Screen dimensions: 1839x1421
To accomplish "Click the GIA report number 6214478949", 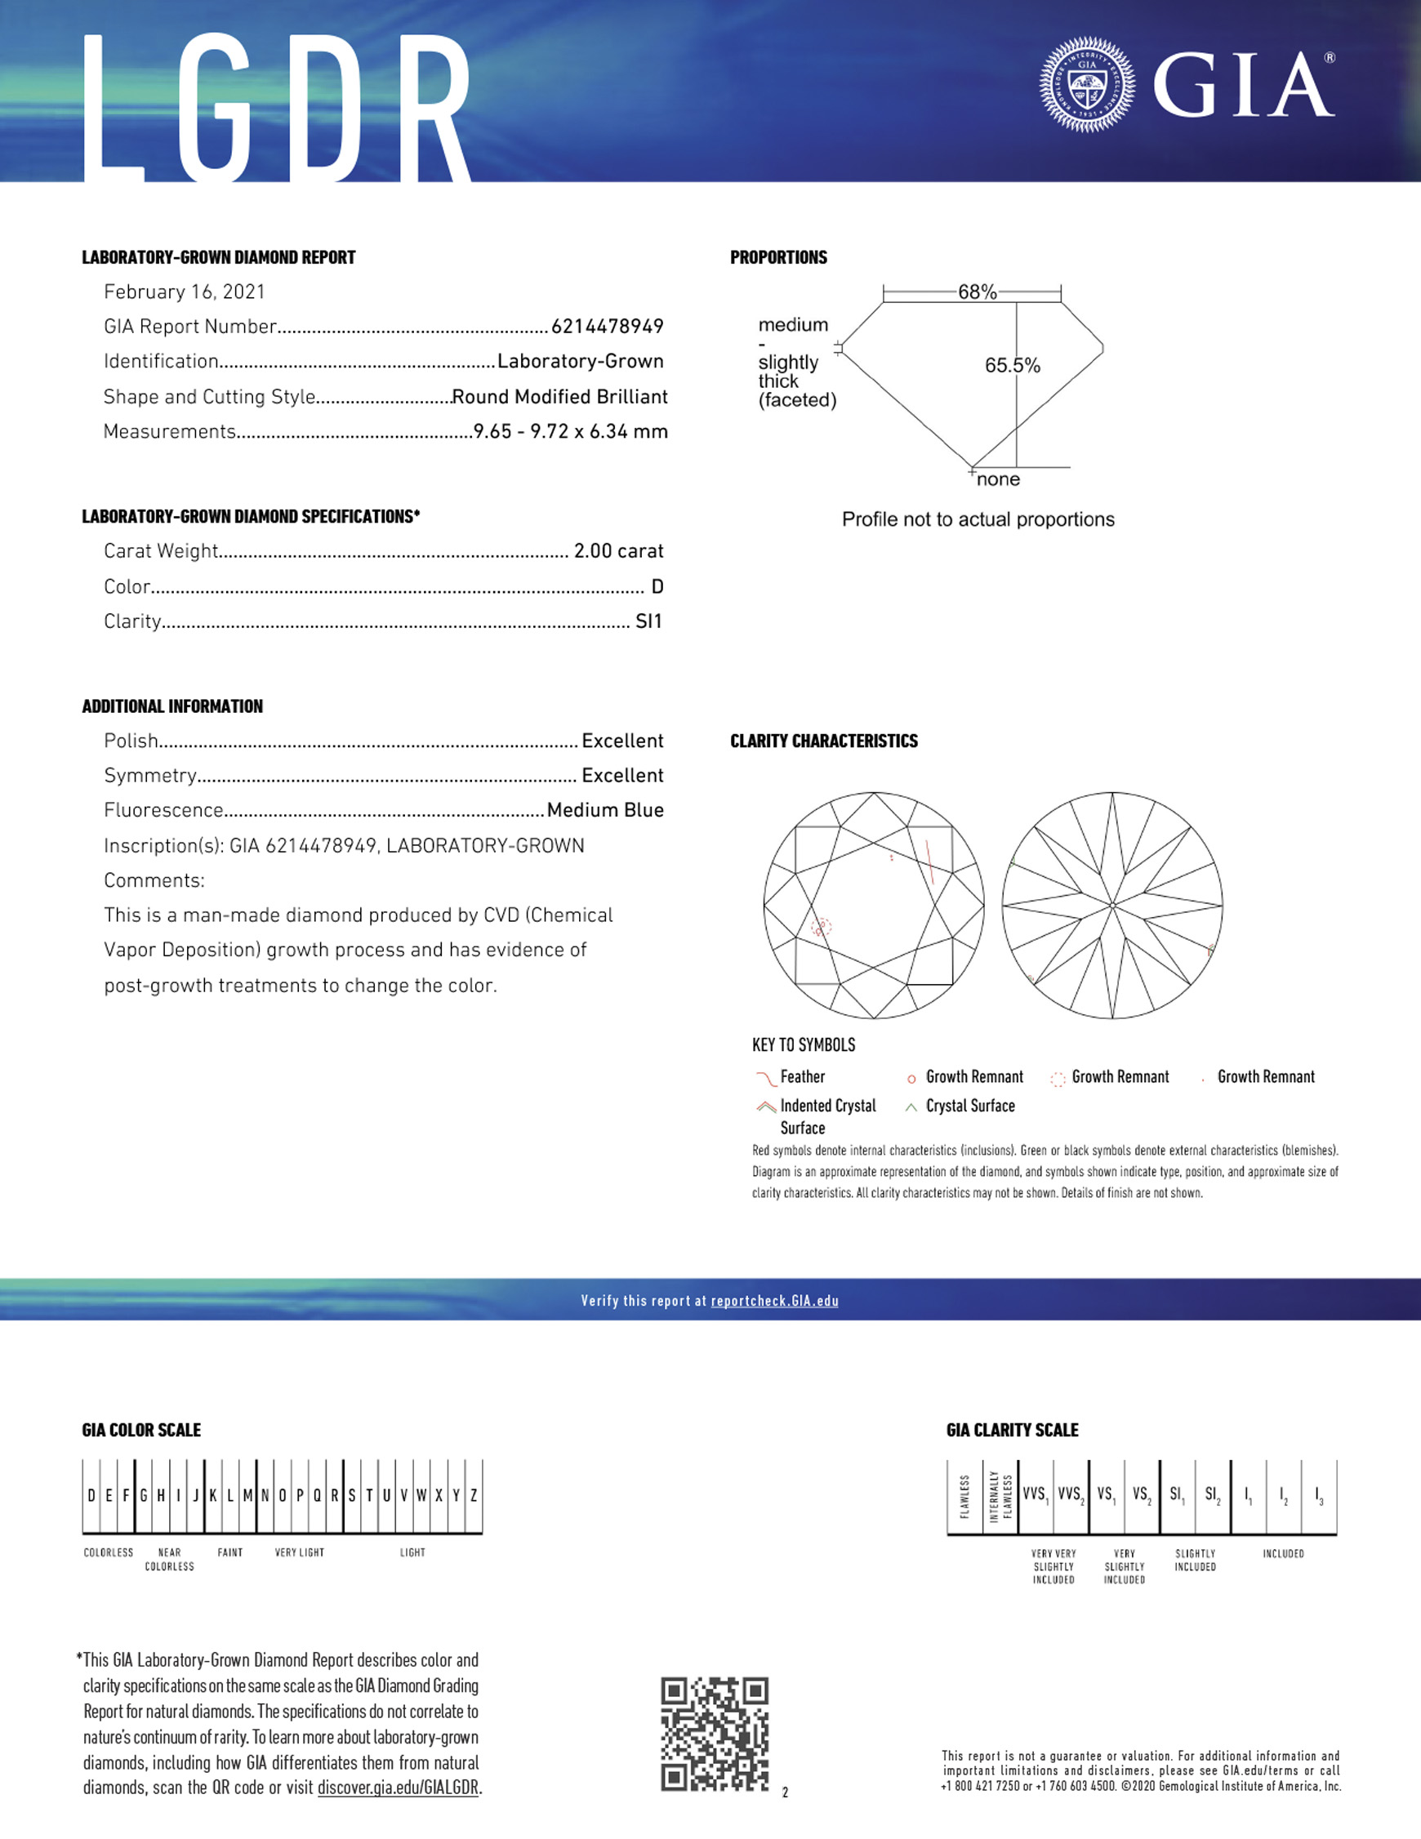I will pyautogui.click(x=607, y=327).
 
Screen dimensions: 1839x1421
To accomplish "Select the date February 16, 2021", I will pyautogui.click(x=185, y=292).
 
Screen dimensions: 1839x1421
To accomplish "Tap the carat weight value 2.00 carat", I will pyautogui.click(x=618, y=551).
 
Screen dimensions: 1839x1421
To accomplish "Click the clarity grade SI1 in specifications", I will pyautogui.click(x=648, y=621).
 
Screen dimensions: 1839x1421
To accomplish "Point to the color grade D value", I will pyautogui.click(x=657, y=587).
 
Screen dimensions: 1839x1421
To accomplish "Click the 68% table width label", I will pyautogui.click(x=977, y=292).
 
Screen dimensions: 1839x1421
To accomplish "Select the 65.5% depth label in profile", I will pyautogui.click(x=1012, y=366).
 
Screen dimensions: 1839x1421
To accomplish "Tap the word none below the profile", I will pyautogui.click(x=998, y=480).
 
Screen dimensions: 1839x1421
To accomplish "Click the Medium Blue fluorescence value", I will pyautogui.click(x=605, y=810).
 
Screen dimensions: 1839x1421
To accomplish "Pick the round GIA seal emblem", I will pyautogui.click(x=1087, y=84).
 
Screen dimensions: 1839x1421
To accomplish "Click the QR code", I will pyautogui.click(x=715, y=1734).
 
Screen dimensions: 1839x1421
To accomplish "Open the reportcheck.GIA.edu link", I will pyautogui.click(x=774, y=1301).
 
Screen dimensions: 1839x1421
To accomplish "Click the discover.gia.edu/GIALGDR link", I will pyautogui.click(x=398, y=1788).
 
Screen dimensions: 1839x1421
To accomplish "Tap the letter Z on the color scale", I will pyautogui.click(x=474, y=1495).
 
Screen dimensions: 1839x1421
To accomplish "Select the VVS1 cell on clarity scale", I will pyautogui.click(x=1036, y=1494).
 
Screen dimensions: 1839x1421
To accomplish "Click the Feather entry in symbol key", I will pyautogui.click(x=802, y=1077).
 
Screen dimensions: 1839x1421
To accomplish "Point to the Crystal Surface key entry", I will pyautogui.click(x=969, y=1107).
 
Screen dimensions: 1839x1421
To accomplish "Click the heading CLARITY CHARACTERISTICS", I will pyautogui.click(x=823, y=741).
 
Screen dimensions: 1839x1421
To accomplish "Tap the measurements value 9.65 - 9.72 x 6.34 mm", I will pyautogui.click(x=570, y=432).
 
